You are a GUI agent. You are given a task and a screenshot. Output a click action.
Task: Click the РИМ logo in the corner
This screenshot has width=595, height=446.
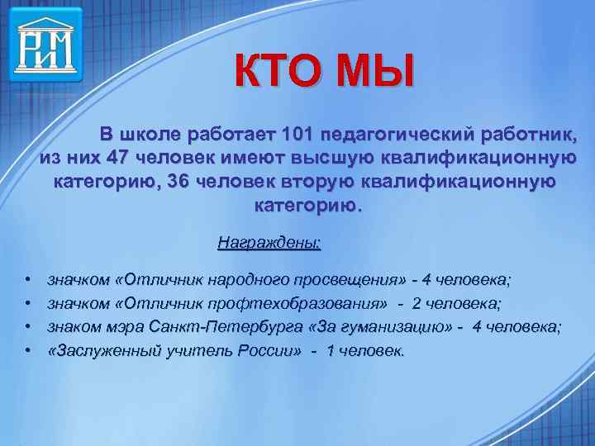pos(46,44)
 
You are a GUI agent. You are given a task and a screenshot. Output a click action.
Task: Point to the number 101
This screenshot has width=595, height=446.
pos(297,134)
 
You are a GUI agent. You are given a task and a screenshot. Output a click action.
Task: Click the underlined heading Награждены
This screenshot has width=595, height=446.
pos(269,243)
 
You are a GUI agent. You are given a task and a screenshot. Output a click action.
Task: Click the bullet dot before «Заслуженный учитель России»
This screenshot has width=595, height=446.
pos(28,352)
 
